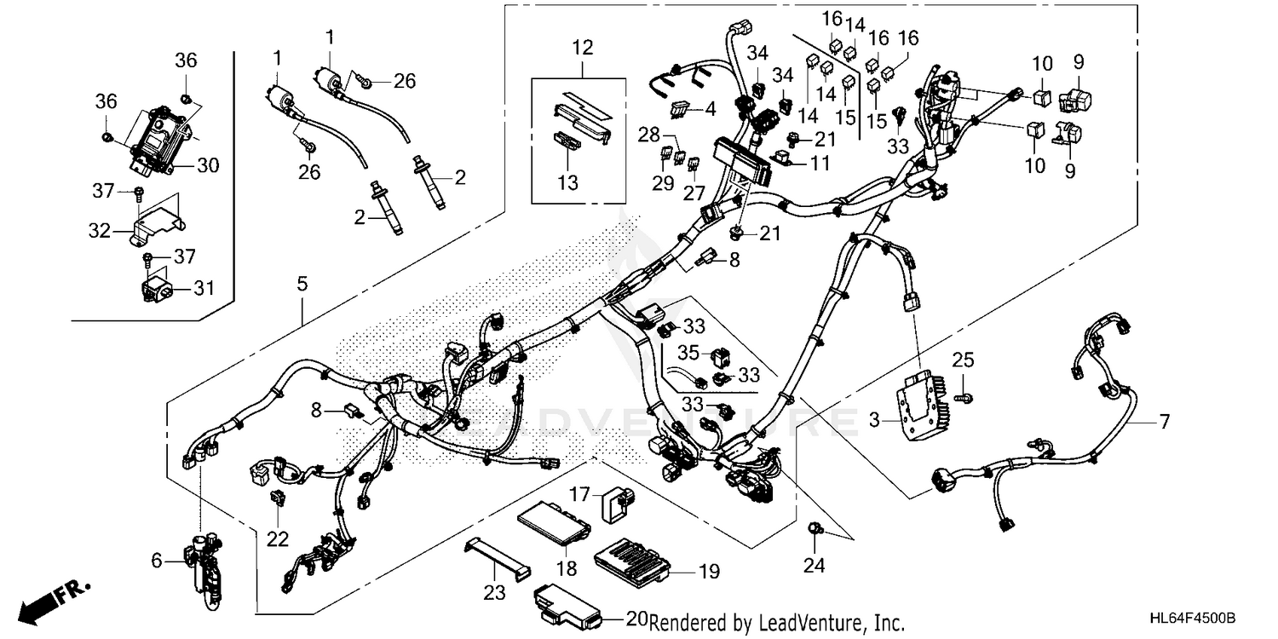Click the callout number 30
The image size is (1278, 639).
pos(207,165)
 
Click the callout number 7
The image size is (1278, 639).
pos(1164,421)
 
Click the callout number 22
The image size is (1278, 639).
pos(278,539)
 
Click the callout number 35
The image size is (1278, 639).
pos(689,350)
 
